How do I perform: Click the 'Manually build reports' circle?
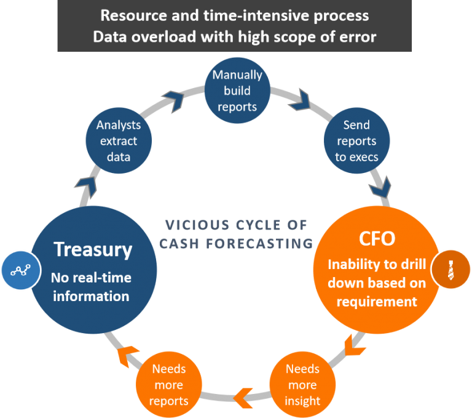coord(237,90)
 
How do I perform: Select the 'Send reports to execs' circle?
coord(356,141)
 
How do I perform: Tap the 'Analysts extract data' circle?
coord(119,141)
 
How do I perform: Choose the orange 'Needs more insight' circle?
coord(302,385)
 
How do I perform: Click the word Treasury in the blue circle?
coord(93,249)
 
